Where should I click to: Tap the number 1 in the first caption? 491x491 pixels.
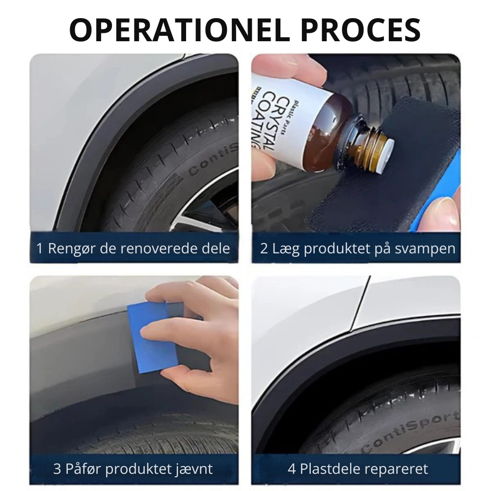point(39,248)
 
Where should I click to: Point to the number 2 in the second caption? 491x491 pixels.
point(264,248)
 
